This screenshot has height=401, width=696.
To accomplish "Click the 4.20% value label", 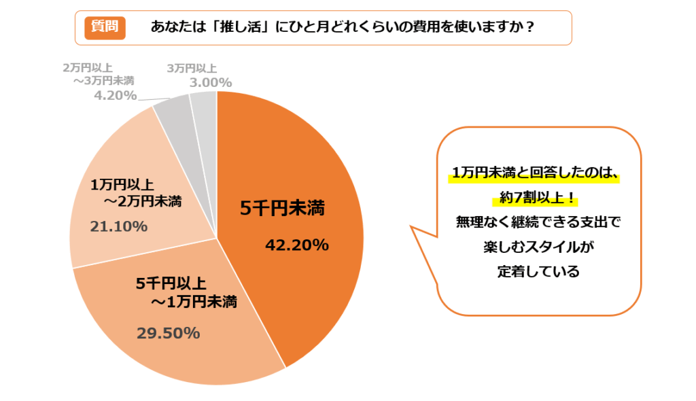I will [115, 95].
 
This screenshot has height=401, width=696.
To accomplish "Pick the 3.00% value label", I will [209, 82].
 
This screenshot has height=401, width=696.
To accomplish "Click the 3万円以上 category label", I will [191, 68].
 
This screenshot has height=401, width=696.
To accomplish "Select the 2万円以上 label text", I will [88, 68].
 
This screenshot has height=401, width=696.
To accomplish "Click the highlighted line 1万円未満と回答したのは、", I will [535, 173].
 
